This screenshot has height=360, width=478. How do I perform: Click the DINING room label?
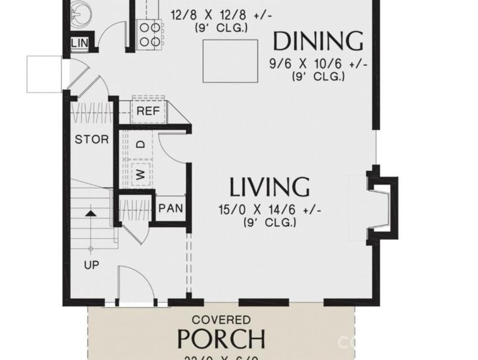pyautogui.click(x=318, y=41)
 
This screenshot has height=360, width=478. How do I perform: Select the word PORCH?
pyautogui.click(x=221, y=340)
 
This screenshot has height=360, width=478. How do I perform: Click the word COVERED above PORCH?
pyautogui.click(x=221, y=320)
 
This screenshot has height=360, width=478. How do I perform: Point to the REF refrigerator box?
pyautogui.click(x=148, y=111)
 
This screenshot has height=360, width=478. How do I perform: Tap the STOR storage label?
pyautogui.click(x=92, y=140)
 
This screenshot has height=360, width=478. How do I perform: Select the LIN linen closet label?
pyautogui.click(x=79, y=43)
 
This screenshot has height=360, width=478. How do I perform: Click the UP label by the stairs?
pyautogui.click(x=92, y=265)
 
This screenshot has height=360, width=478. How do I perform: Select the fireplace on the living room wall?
pyautogui.click(x=382, y=207)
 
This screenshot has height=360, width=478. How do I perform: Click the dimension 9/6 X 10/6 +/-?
pyautogui.click(x=318, y=64)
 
